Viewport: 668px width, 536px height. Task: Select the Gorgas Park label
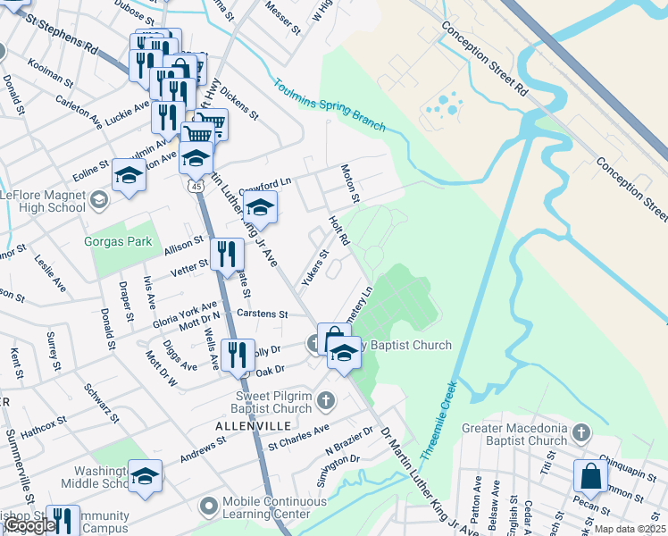(x=119, y=242)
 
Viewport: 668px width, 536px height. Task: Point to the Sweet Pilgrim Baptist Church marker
(x=327, y=399)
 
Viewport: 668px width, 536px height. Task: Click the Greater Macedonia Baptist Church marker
(x=581, y=433)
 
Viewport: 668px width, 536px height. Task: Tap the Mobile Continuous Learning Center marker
(x=209, y=507)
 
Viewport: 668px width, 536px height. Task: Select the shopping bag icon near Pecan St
(x=591, y=475)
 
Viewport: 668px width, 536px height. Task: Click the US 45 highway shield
(x=195, y=184)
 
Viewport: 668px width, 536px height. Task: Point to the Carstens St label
(x=269, y=314)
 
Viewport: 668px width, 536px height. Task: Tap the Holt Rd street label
(x=338, y=230)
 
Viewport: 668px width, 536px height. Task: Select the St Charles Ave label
(x=298, y=436)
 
